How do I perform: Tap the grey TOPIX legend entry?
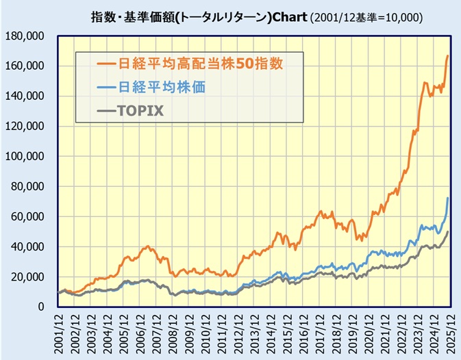[x=141, y=110]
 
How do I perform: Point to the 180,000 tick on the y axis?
[x=25, y=36]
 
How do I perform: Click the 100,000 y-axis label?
[x=25, y=156]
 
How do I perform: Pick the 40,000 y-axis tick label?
[x=28, y=246]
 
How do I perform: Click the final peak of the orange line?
[x=448, y=56]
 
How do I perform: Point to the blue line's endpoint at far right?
[x=448, y=198]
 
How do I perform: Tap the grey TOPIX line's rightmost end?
[x=448, y=231]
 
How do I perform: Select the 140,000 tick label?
[x=25, y=96]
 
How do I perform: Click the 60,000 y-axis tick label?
[x=28, y=216]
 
